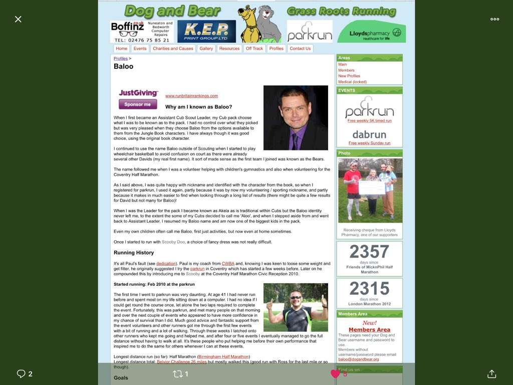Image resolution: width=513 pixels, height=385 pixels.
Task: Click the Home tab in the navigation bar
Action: tap(121, 49)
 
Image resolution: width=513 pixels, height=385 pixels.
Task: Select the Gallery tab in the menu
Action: tap(206, 49)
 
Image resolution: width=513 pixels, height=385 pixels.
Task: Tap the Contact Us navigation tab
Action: tap(300, 49)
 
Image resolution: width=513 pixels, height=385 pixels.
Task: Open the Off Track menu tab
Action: tap(254, 49)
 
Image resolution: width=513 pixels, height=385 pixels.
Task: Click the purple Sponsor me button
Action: tap(138, 104)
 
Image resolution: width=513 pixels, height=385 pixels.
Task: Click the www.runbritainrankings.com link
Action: tap(191, 96)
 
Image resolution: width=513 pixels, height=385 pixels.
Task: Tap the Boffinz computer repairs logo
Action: tap(142, 32)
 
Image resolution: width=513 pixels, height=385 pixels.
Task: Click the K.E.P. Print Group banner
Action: tap(206, 32)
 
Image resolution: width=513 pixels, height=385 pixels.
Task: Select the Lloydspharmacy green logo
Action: tap(371, 32)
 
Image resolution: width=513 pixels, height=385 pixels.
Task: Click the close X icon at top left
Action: tap(18, 19)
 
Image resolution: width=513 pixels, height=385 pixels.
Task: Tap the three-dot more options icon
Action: tap(494, 19)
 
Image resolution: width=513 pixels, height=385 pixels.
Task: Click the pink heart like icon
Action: tap(335, 373)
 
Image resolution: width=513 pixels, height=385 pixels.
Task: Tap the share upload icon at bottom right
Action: tap(491, 373)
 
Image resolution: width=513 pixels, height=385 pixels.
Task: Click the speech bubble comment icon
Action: tap(21, 373)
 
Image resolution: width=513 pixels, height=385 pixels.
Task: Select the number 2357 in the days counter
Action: tap(369, 252)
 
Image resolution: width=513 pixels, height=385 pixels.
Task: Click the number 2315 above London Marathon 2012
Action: tap(369, 289)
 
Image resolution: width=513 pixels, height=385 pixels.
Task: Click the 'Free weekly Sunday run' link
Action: tap(369, 143)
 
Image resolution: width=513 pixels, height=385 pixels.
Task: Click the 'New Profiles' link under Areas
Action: tap(349, 76)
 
